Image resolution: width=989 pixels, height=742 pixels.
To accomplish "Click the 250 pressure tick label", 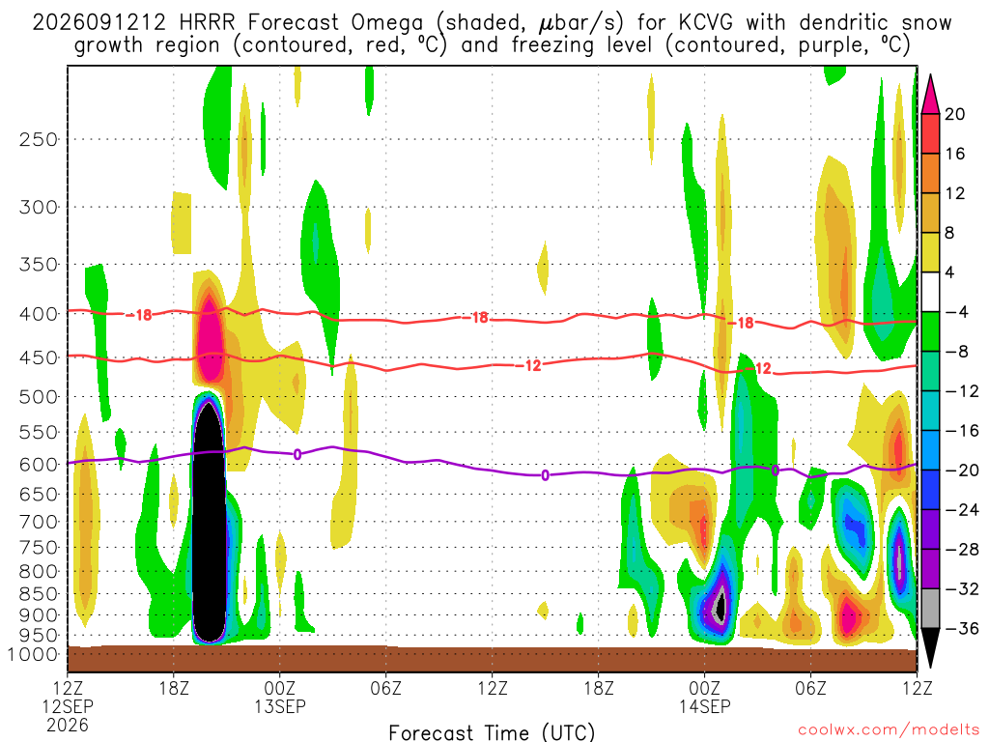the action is click(x=39, y=139).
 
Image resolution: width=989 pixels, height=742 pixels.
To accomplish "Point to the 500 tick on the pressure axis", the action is click(x=39, y=397).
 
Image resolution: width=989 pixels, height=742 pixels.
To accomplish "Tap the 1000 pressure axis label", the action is click(x=33, y=655).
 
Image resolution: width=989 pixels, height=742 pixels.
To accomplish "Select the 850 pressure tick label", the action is click(x=39, y=594).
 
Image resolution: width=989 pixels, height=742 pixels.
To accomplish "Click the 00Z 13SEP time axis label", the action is click(x=279, y=697).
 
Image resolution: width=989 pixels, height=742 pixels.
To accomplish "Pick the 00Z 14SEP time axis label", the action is click(x=704, y=697).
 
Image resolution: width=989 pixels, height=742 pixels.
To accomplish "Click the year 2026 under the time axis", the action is click(x=68, y=725).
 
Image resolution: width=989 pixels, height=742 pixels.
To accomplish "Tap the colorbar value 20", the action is click(x=954, y=114).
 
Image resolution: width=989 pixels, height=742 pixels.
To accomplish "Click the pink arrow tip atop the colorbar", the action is click(x=930, y=75).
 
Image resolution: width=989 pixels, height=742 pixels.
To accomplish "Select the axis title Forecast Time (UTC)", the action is click(x=492, y=732).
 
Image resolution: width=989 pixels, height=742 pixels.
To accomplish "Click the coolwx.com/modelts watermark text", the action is click(x=889, y=730).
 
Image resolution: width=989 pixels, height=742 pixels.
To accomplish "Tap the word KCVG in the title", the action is click(x=706, y=23).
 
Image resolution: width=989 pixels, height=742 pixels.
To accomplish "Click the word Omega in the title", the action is click(x=387, y=23).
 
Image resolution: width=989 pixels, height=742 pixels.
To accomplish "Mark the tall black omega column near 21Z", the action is click(x=209, y=522).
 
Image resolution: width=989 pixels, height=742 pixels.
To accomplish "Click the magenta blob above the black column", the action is click(x=209, y=334).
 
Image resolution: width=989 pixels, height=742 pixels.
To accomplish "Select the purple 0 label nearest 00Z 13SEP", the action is click(x=297, y=454).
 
